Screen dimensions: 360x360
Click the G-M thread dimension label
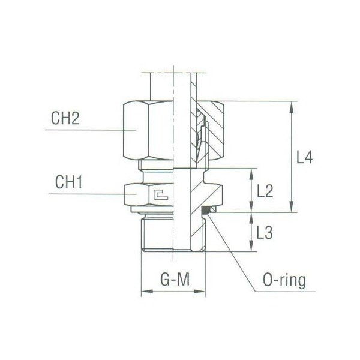[172, 280]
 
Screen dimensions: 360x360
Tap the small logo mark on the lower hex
[160, 193]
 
